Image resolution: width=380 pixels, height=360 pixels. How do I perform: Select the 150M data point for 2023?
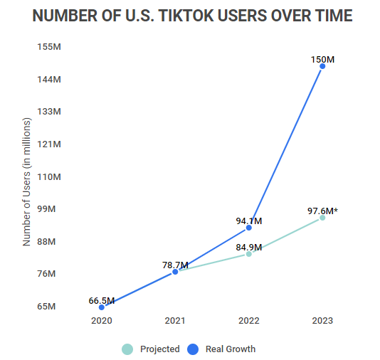pyautogui.click(x=322, y=66)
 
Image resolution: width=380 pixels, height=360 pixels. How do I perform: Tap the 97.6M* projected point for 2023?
pyautogui.click(x=322, y=218)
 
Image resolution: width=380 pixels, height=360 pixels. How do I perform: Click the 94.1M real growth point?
pyautogui.click(x=248, y=228)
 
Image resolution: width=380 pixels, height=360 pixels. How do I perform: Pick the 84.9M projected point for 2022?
pyautogui.click(x=248, y=254)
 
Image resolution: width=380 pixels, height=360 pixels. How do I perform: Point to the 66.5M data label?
pyautogui.click(x=102, y=300)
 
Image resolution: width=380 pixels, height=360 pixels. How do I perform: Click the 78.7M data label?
pyautogui.click(x=175, y=265)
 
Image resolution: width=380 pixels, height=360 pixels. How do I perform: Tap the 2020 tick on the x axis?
pyautogui.click(x=102, y=321)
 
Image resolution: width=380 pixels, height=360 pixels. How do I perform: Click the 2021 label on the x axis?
pyautogui.click(x=175, y=321)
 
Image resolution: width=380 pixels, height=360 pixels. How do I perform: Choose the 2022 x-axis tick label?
pyautogui.click(x=248, y=321)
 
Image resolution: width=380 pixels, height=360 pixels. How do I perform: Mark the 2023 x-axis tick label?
pyautogui.click(x=322, y=321)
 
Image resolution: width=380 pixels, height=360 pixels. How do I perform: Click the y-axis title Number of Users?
pyautogui.click(x=27, y=181)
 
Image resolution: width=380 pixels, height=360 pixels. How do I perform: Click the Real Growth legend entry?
pyautogui.click(x=221, y=349)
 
